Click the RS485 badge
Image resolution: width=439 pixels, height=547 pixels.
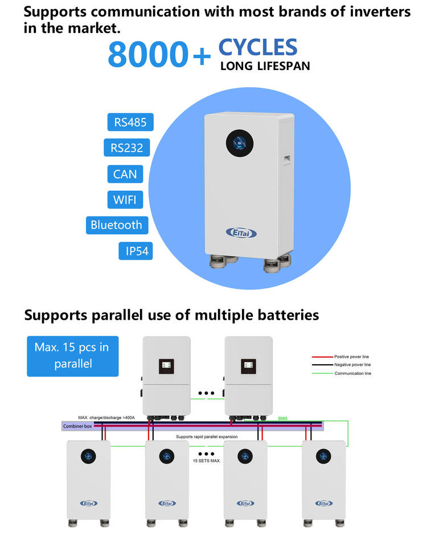[130, 123]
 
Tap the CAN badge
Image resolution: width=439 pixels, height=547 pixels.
[125, 174]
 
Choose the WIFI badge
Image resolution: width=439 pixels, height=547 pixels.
[125, 199]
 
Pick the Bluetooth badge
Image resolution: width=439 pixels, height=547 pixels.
[117, 225]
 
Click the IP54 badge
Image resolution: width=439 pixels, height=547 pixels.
[136, 251]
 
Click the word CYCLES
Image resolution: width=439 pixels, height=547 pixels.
[258, 47]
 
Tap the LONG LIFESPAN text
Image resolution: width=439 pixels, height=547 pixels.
[265, 66]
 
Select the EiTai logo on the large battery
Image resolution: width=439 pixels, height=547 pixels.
[241, 232]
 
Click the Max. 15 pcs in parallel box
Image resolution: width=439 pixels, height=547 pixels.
[73, 355]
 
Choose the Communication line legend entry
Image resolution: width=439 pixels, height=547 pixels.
[352, 373]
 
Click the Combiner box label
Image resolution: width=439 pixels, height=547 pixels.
[77, 426]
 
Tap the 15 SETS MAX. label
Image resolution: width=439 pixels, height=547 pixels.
[206, 460]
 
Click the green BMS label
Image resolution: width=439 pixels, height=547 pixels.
[283, 419]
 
